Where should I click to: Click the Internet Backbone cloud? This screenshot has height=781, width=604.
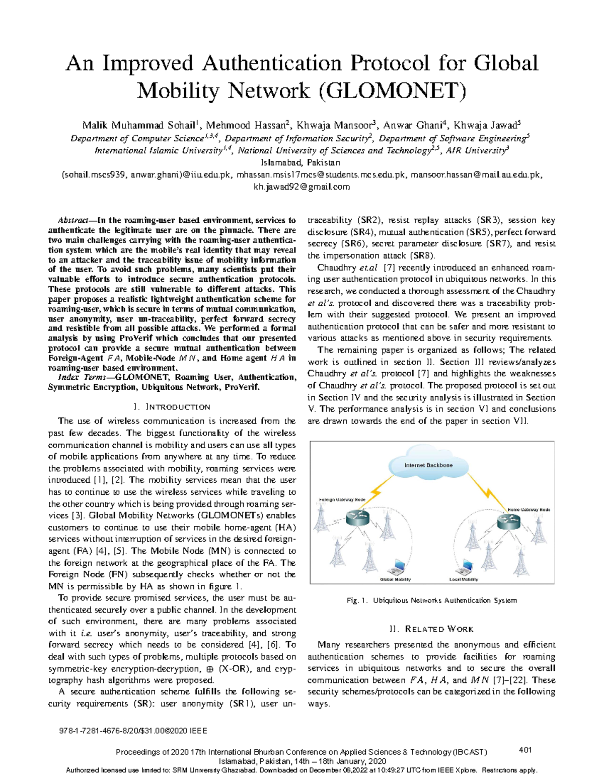(x=428, y=465)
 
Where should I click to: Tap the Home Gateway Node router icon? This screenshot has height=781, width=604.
(x=508, y=521)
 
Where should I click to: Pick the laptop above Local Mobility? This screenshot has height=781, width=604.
(x=466, y=567)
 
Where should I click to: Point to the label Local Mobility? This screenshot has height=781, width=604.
(x=464, y=579)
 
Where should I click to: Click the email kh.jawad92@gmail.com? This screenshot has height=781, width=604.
(x=301, y=187)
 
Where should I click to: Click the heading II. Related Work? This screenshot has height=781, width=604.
(x=431, y=629)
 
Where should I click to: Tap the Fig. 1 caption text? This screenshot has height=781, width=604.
(x=431, y=600)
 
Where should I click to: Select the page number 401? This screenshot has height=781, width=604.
(x=525, y=750)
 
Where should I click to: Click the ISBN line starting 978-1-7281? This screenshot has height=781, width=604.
(x=133, y=731)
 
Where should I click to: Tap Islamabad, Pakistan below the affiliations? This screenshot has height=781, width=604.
(x=301, y=162)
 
